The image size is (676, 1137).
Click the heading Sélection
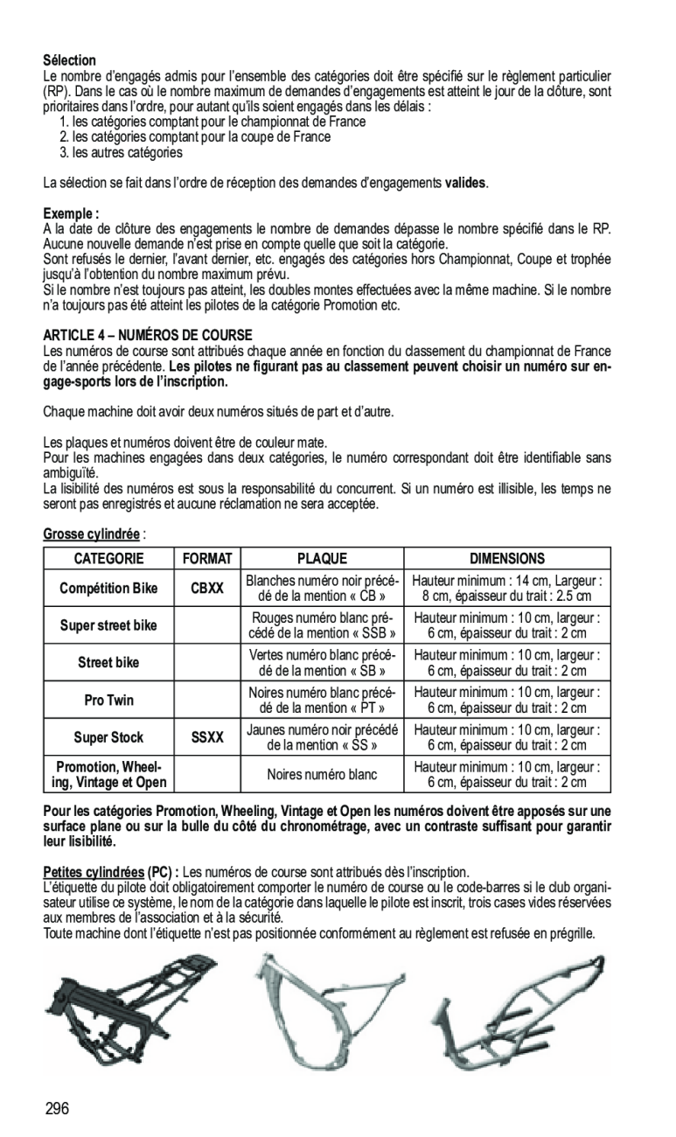click(69, 60)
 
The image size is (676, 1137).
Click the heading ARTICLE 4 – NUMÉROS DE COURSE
click(147, 335)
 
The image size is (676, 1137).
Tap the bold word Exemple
click(69, 213)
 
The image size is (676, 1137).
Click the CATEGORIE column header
click(108, 558)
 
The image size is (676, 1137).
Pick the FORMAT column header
click(207, 558)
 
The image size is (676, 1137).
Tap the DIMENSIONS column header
click(506, 558)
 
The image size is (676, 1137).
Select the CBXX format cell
click(207, 589)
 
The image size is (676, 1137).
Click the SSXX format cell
click(207, 737)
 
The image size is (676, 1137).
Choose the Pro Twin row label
click(108, 701)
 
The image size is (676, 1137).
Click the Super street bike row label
click(108, 626)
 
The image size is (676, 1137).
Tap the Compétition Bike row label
click(108, 589)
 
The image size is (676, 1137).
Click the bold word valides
click(465, 184)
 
